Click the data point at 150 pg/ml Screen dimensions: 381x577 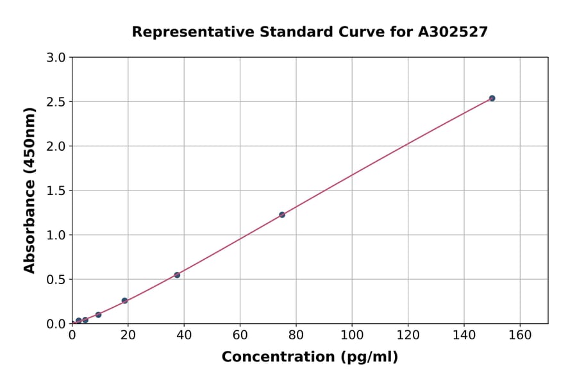click(492, 98)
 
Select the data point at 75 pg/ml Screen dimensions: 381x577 click(282, 214)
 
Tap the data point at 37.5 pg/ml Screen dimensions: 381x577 click(177, 275)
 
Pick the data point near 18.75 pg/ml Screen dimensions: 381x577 click(124, 300)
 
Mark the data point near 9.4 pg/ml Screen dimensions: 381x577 click(98, 315)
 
